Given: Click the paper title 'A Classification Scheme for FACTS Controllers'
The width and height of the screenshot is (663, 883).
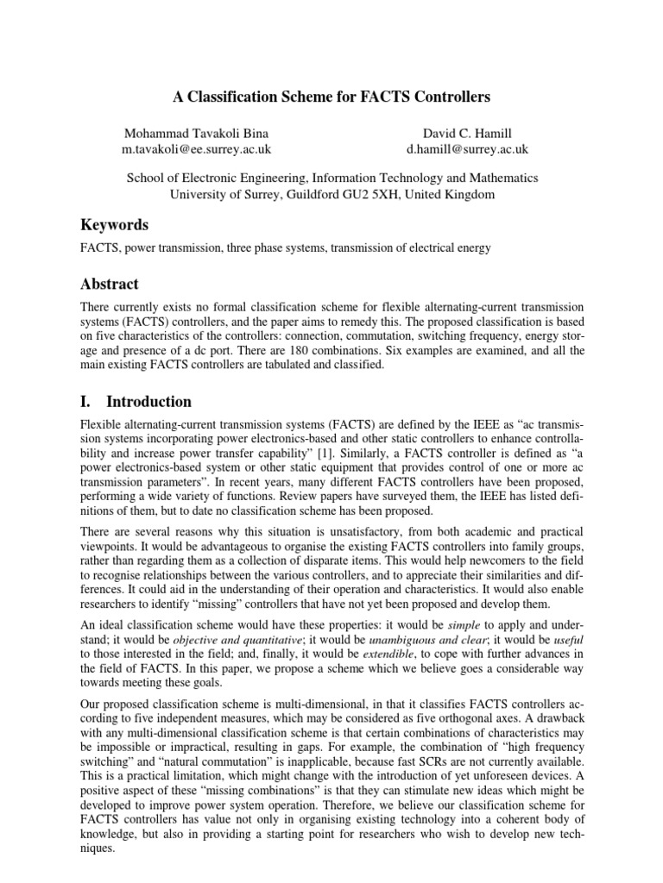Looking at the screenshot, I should (332, 97).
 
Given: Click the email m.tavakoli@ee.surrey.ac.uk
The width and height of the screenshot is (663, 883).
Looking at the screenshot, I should (198, 149).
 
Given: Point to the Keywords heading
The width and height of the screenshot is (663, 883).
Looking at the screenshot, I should (114, 225).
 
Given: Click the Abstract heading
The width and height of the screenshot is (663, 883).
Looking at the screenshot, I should (109, 284).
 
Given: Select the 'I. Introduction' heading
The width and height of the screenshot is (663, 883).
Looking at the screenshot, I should (136, 402).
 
